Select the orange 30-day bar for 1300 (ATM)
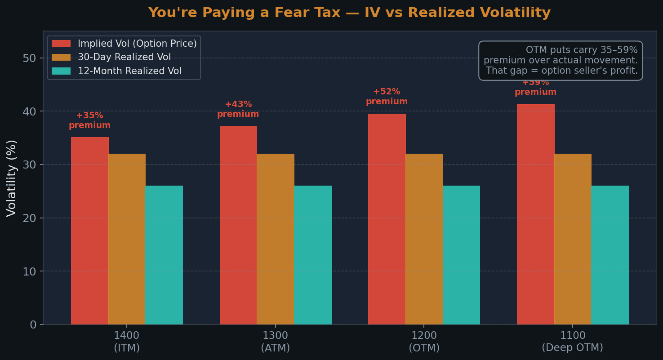pyautogui.click(x=276, y=239)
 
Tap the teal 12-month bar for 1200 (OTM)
pyautogui.click(x=461, y=255)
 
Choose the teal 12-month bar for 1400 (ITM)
pyautogui.click(x=164, y=255)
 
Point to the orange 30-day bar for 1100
pyautogui.click(x=573, y=239)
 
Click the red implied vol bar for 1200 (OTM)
pyautogui.click(x=387, y=219)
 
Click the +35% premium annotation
pyautogui.click(x=89, y=120)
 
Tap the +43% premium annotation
pyautogui.click(x=238, y=109)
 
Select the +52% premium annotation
pyautogui.click(x=387, y=97)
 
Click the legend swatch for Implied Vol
pyautogui.click(x=61, y=44)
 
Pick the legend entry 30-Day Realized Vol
pyautogui.click(x=124, y=58)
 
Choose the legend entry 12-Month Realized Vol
pyautogui.click(x=129, y=71)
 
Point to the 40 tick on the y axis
pyautogui.click(x=30, y=111)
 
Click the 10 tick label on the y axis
pyautogui.click(x=30, y=271)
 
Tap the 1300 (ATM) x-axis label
pyautogui.click(x=275, y=342)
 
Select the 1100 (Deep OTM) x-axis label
pyautogui.click(x=572, y=342)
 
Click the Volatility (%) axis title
pyautogui.click(x=12, y=178)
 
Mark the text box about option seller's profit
pyautogui.click(x=561, y=60)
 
